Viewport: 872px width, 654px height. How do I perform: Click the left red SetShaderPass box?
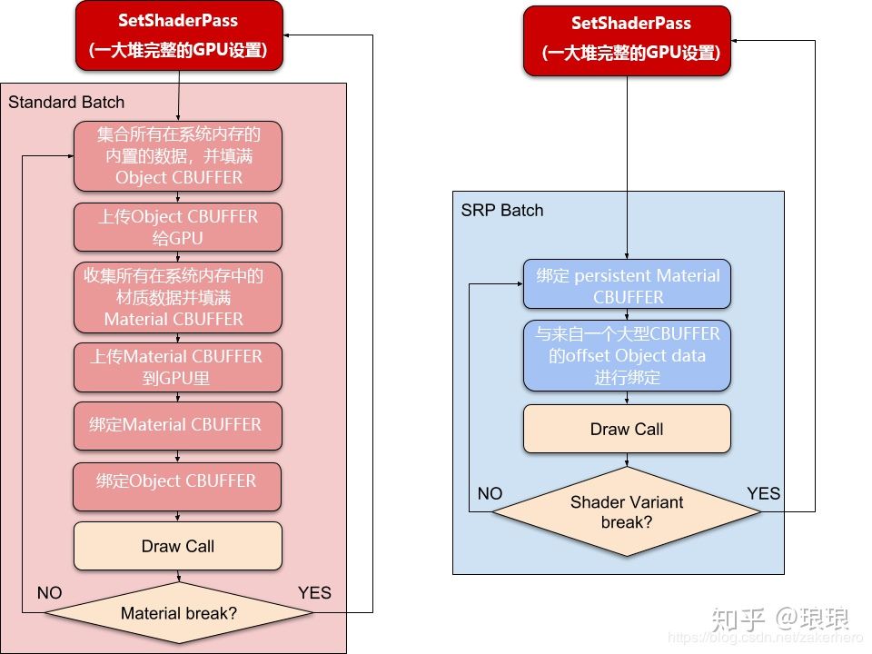click(179, 35)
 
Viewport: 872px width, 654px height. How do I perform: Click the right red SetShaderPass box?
click(628, 40)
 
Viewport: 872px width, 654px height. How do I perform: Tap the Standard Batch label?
click(66, 102)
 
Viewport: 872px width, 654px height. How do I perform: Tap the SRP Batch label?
click(502, 210)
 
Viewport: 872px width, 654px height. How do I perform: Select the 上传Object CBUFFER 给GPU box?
click(178, 227)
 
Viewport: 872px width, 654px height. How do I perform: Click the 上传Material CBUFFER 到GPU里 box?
click(178, 367)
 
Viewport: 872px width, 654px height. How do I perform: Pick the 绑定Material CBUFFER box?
click(178, 424)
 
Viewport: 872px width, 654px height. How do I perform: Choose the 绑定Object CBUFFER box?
click(178, 481)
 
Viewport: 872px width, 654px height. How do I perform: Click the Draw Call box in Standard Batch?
click(178, 546)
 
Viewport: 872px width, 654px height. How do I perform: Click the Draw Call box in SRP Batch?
click(627, 429)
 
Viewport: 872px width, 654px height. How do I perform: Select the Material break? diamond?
click(179, 613)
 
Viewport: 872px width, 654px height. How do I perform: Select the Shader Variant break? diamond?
click(627, 512)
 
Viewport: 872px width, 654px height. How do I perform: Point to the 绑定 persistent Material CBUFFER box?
click(627, 286)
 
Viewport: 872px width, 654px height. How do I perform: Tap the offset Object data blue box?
click(627, 355)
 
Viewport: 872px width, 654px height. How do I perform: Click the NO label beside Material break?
click(50, 593)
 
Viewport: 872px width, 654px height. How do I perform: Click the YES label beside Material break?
click(314, 593)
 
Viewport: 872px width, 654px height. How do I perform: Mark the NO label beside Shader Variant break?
click(490, 493)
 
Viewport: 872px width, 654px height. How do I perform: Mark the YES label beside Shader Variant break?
click(763, 493)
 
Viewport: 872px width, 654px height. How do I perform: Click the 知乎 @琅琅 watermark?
click(779, 619)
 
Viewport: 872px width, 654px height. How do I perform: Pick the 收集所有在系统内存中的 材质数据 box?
click(178, 297)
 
